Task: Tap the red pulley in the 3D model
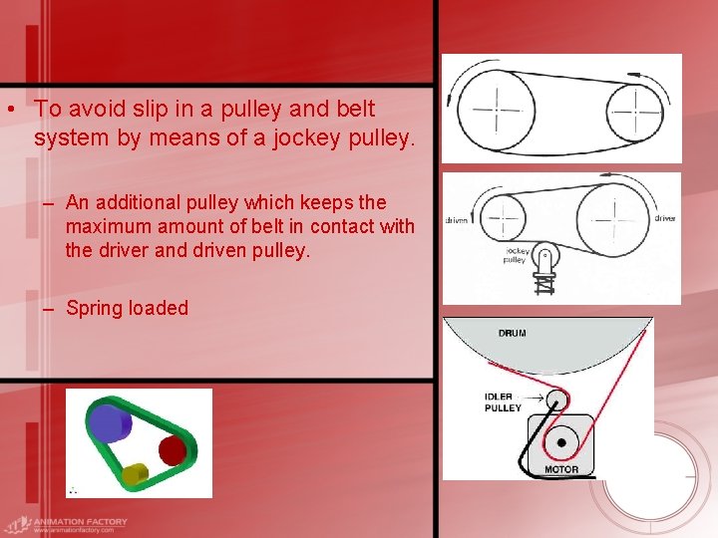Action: pos(173,451)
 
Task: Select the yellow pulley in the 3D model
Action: pos(136,474)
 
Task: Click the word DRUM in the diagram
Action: pos(513,333)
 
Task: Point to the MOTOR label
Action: pos(561,469)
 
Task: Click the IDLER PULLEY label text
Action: pos(504,403)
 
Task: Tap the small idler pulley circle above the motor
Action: pos(555,400)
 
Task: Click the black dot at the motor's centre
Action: pos(561,440)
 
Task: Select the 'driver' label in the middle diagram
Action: pos(665,217)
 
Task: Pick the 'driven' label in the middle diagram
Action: pos(458,218)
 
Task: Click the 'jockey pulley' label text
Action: pos(515,255)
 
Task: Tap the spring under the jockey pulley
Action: pos(543,283)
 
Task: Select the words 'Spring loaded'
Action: pos(127,308)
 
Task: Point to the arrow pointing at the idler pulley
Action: pos(533,398)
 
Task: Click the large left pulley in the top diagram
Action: pos(496,106)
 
